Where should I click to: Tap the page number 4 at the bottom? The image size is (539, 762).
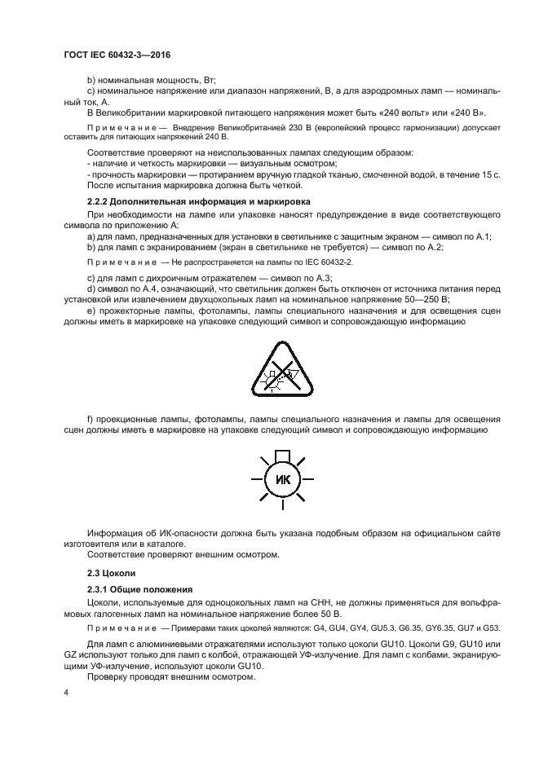[66, 692]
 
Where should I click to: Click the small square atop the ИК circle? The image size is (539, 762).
[282, 455]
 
